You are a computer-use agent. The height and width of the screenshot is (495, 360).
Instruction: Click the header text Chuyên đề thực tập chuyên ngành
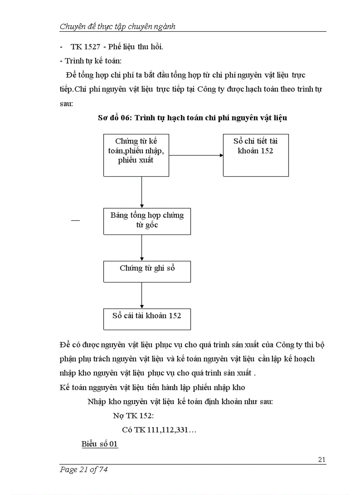click(117, 26)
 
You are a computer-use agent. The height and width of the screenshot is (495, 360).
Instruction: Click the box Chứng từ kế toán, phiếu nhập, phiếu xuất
click(136, 155)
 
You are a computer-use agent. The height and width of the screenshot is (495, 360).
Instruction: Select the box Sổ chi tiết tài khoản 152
click(255, 155)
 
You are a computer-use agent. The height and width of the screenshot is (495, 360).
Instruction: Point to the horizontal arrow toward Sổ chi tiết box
click(196, 155)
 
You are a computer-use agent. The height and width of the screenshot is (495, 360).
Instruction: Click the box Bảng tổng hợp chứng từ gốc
click(147, 221)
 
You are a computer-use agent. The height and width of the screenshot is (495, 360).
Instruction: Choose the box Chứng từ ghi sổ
click(147, 271)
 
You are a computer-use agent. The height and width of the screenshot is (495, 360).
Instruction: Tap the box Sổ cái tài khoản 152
click(147, 319)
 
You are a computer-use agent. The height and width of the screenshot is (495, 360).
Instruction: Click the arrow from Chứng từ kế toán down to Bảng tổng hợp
click(142, 192)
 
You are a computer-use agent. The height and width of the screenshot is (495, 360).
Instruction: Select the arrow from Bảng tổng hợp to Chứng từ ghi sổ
click(142, 247)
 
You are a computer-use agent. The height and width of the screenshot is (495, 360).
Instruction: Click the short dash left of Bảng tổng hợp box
click(75, 220)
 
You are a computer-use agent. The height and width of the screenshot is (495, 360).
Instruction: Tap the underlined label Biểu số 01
click(100, 444)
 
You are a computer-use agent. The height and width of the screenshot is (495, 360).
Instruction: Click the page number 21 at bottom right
click(322, 460)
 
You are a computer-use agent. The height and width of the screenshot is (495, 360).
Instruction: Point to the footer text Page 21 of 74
click(83, 469)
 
